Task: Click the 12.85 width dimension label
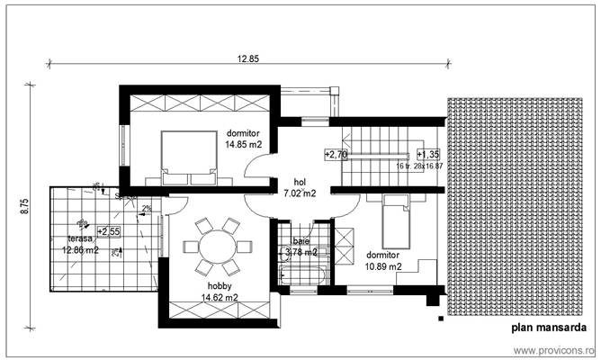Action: (x=248, y=58)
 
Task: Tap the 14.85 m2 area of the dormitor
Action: (x=243, y=144)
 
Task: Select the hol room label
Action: (x=300, y=181)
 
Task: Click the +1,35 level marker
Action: (x=427, y=155)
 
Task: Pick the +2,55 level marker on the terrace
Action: (x=110, y=230)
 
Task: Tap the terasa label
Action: (x=80, y=238)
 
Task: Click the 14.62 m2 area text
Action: (x=219, y=297)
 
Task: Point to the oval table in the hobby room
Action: (x=215, y=247)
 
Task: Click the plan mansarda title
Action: (x=550, y=328)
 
